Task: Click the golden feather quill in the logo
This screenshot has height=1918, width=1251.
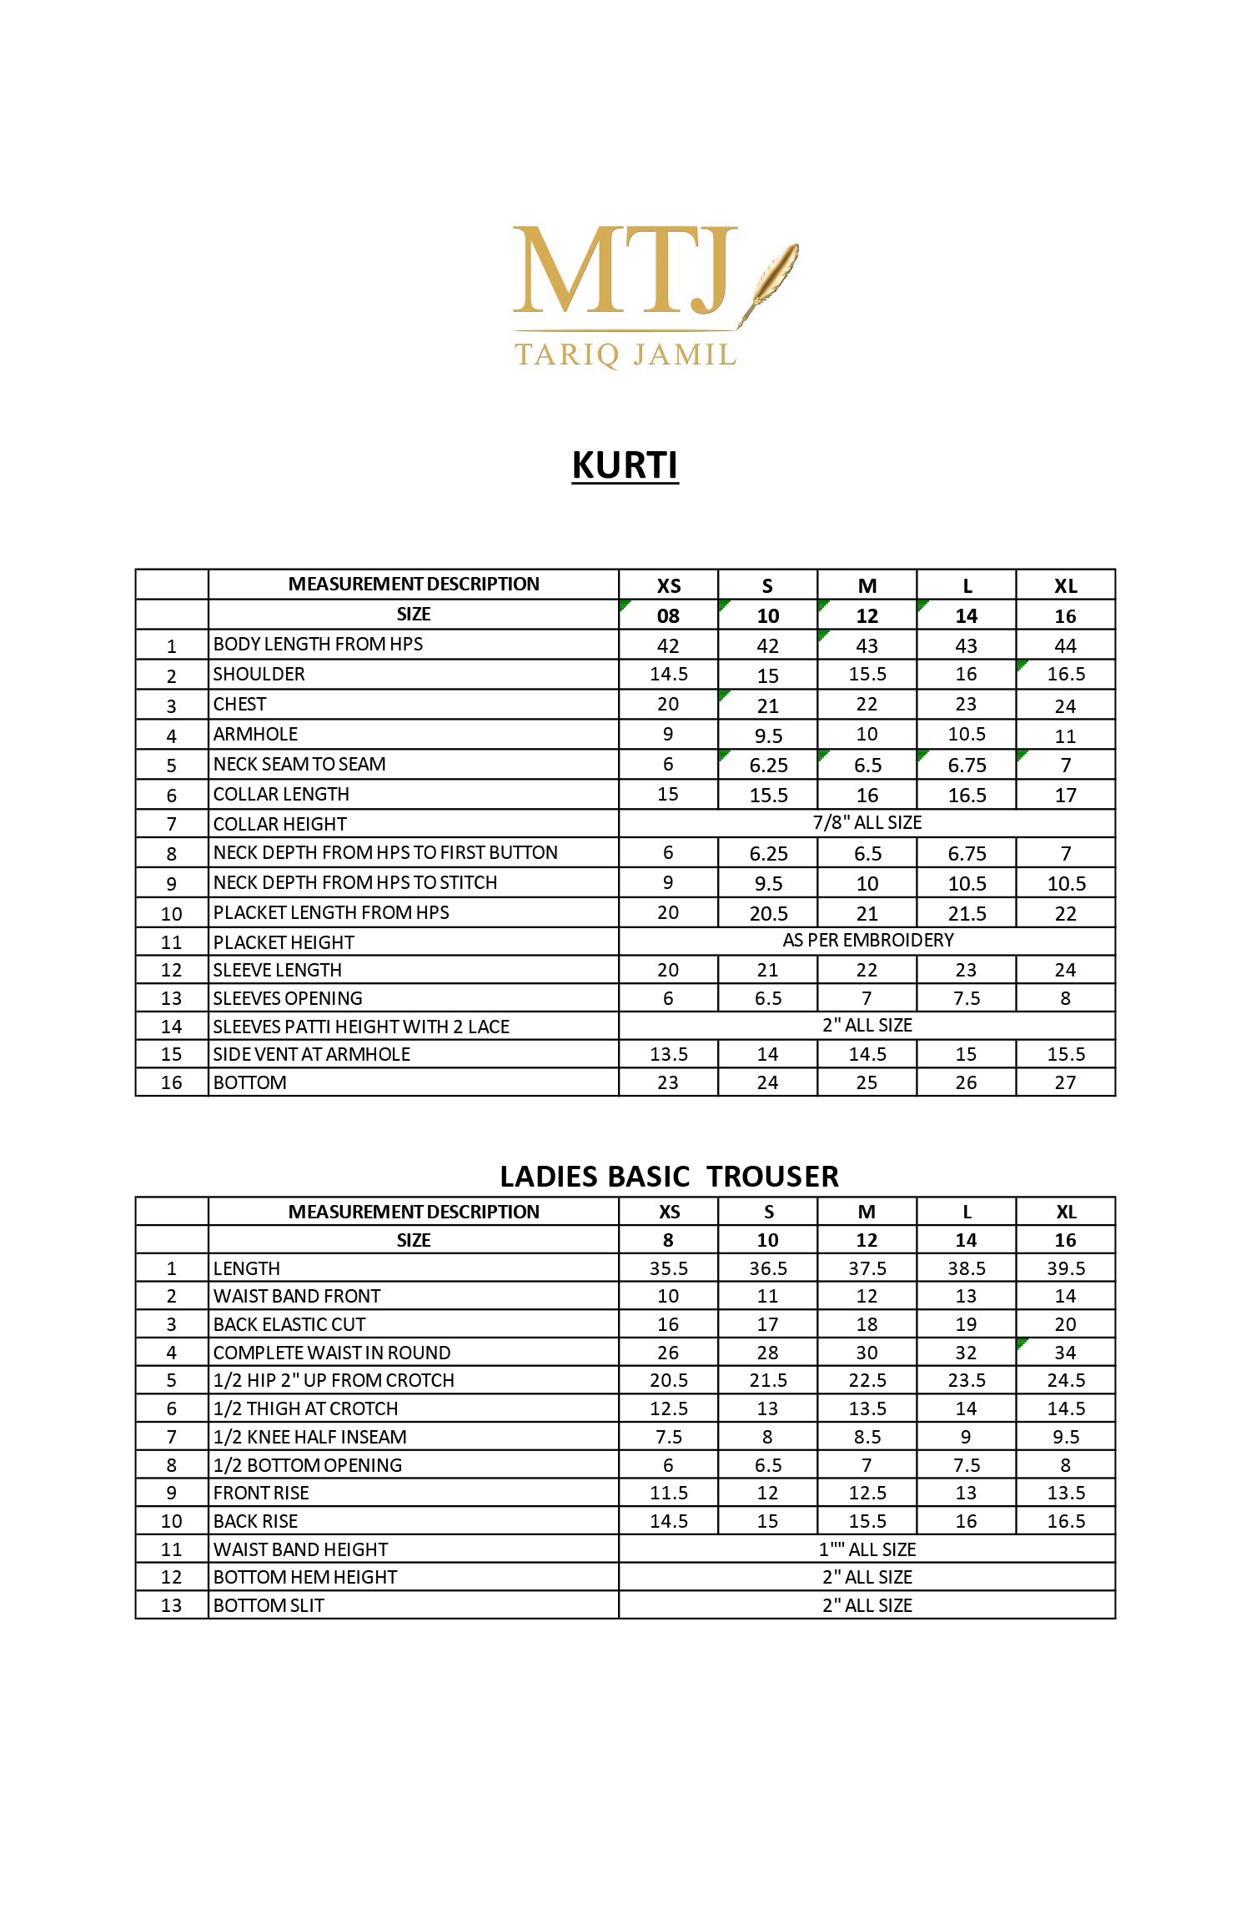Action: (771, 279)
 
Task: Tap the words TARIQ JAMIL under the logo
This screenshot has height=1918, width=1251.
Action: (625, 354)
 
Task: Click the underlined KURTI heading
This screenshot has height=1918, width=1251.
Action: (625, 465)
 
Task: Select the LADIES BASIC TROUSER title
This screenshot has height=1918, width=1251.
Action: (669, 1176)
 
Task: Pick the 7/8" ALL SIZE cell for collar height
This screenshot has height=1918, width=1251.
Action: (867, 823)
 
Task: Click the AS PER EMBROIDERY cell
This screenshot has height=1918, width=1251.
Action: (867, 941)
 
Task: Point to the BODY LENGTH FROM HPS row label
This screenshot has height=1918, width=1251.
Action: (318, 644)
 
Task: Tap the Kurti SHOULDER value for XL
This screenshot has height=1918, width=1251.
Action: (1066, 674)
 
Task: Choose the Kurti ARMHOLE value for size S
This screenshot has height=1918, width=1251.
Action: (768, 736)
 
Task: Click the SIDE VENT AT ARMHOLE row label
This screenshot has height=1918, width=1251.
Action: (312, 1054)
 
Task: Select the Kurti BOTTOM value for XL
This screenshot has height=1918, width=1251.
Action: (1066, 1082)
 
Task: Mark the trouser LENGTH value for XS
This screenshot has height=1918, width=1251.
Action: (669, 1268)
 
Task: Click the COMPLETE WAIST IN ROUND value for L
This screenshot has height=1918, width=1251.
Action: (966, 1353)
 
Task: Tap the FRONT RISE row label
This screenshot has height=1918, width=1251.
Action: (261, 1493)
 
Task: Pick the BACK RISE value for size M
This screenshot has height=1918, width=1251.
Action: (867, 1521)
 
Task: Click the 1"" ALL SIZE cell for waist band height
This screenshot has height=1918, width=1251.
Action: (867, 1549)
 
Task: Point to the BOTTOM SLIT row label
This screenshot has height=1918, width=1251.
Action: (269, 1605)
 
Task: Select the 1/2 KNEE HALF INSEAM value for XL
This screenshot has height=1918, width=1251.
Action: (1066, 1437)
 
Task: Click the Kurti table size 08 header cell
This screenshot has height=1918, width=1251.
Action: (669, 616)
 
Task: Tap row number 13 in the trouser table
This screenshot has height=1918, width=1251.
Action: (171, 1605)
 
